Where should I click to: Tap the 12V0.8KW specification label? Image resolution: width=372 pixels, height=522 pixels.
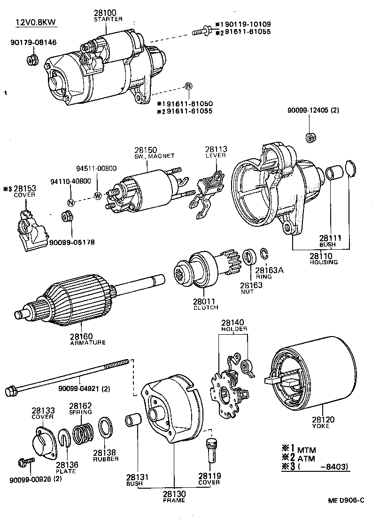point(34,22)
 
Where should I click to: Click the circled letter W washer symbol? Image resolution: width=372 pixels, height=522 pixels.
point(98,196)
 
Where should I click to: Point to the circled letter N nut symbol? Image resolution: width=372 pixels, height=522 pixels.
point(71,203)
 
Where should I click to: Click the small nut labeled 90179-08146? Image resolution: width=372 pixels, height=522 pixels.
point(32,60)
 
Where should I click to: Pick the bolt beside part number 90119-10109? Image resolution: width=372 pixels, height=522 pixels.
point(202,31)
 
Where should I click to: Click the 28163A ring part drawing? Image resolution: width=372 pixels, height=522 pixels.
point(264,254)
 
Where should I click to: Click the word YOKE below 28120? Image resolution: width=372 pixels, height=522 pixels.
point(320,426)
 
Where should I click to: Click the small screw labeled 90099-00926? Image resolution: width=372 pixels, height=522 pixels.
point(25,462)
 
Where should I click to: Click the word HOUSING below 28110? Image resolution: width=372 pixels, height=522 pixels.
point(324,262)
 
